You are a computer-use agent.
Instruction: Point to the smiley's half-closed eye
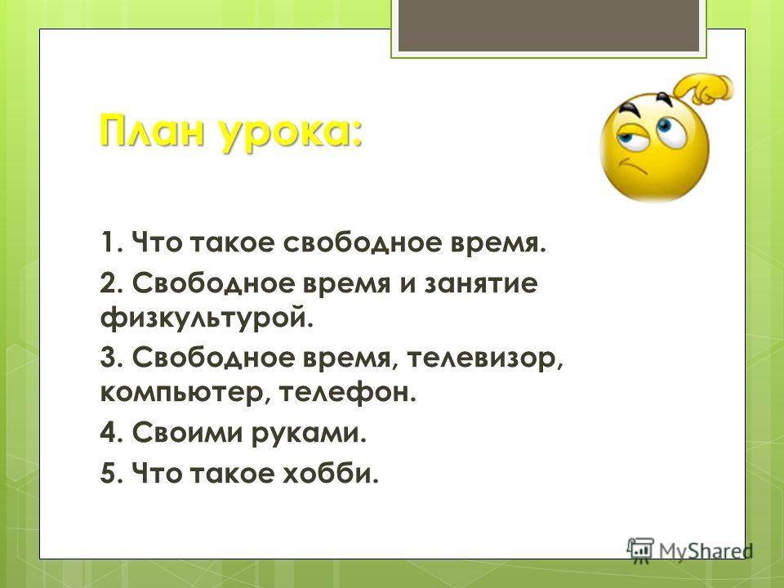631,133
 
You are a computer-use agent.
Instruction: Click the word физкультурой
207,318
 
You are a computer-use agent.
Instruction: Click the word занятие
480,284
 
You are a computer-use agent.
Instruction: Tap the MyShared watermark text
705,550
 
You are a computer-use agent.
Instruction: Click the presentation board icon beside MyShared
640,550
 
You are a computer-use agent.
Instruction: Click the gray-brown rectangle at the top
549,26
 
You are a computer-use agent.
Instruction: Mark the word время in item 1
498,244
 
